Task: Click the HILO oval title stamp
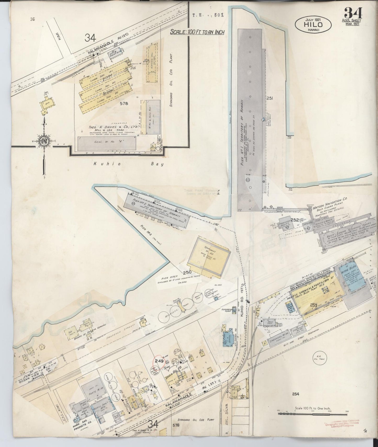click(313, 25)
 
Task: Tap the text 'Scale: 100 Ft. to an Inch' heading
click(197, 32)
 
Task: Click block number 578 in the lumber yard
click(124, 104)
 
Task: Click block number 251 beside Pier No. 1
click(270, 99)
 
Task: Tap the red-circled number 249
click(159, 361)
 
